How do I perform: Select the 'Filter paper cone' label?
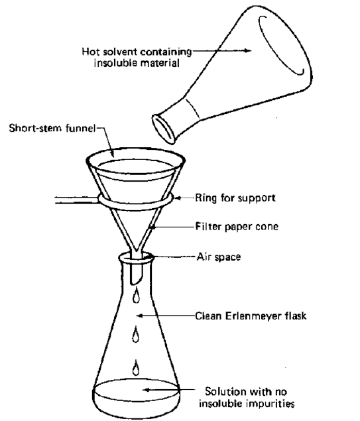click(x=232, y=227)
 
